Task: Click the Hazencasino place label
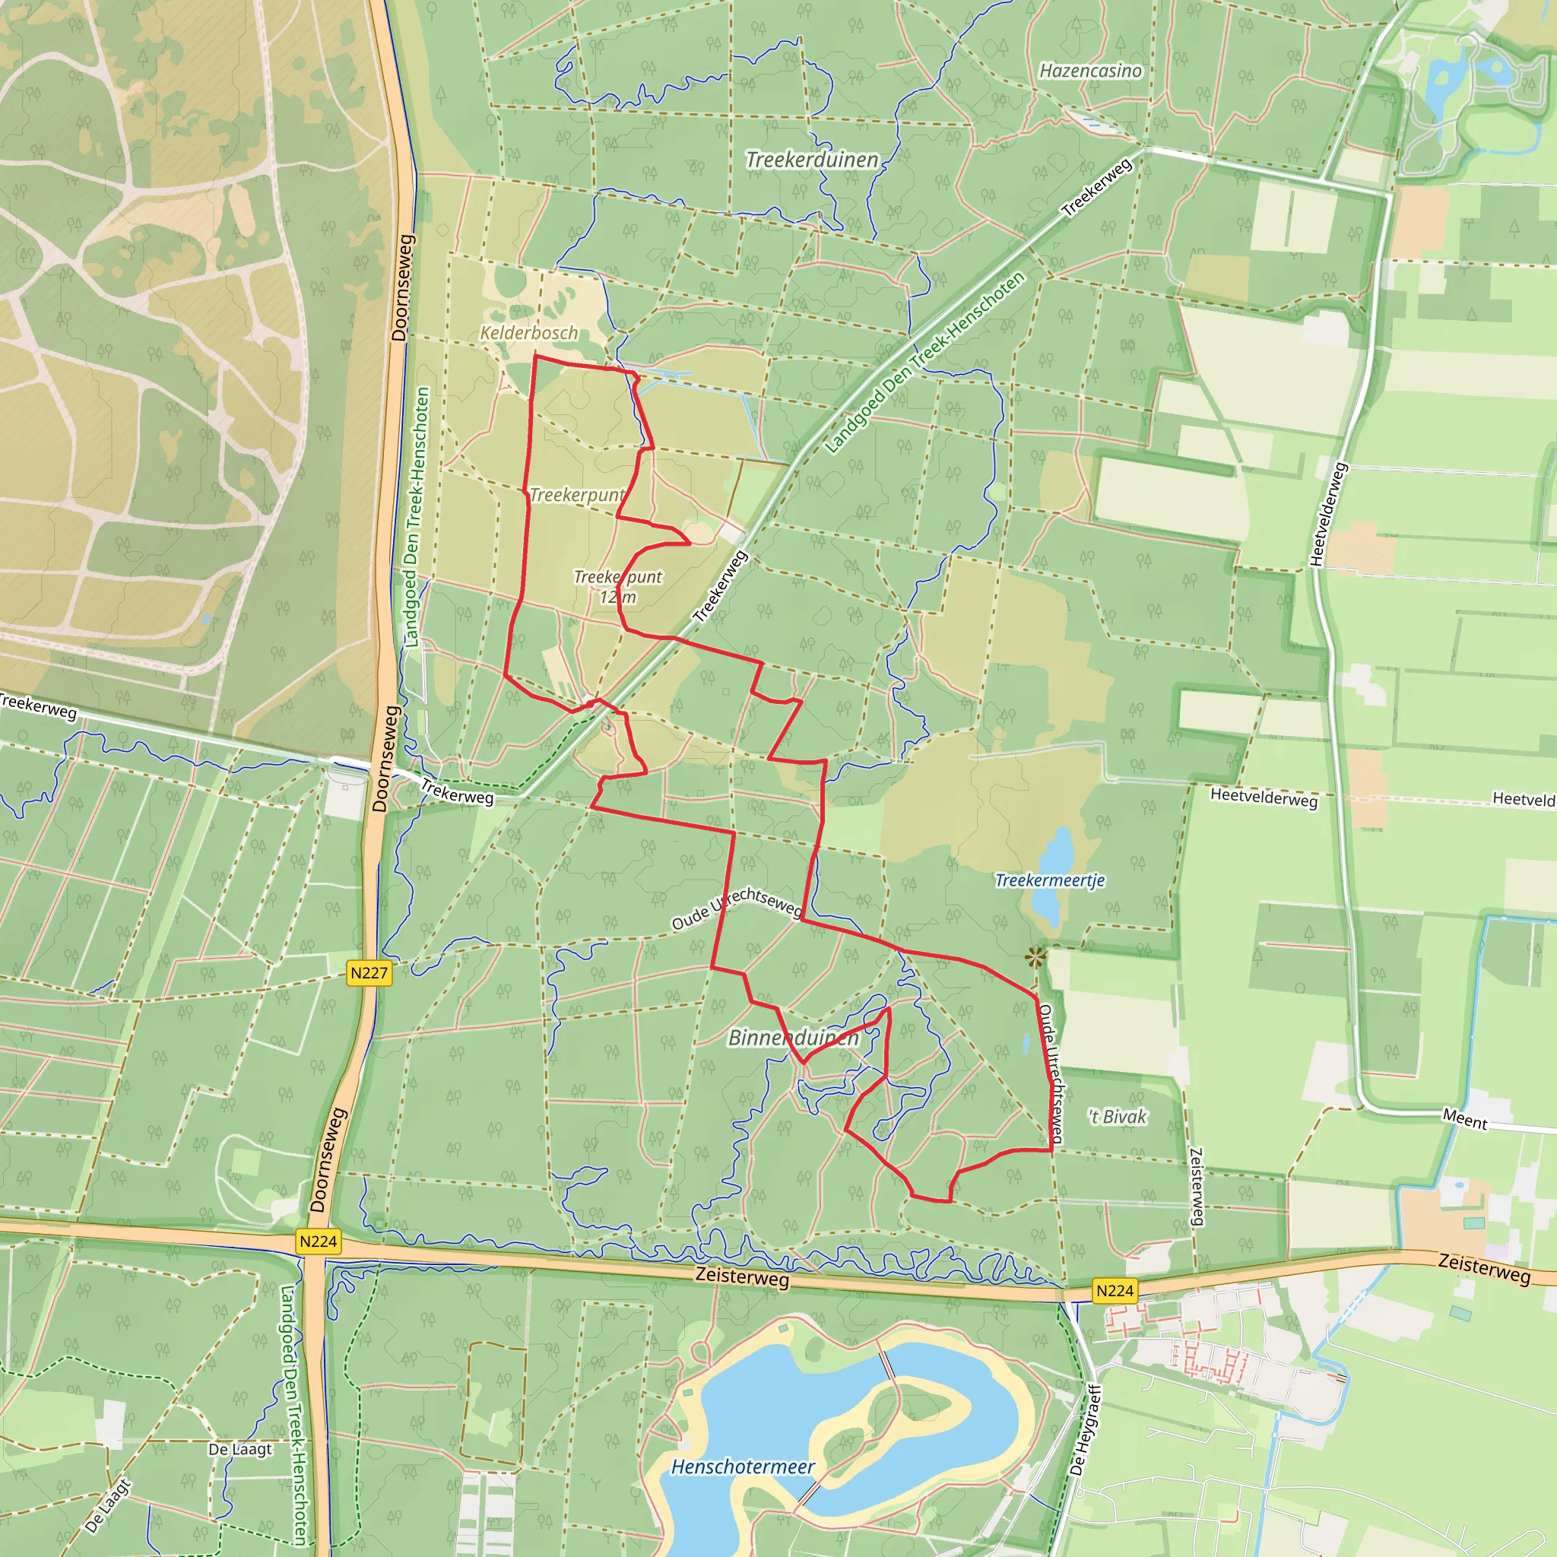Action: [1090, 71]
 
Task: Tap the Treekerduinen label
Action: [811, 160]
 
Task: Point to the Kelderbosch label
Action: [528, 332]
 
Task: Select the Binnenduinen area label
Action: [793, 1038]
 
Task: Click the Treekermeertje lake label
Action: [1049, 880]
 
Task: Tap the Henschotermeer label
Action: [742, 1467]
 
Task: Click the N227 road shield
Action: [369, 972]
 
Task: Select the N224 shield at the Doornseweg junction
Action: [318, 1241]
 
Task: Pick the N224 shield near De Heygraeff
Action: [1115, 1290]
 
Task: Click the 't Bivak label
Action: [1117, 1116]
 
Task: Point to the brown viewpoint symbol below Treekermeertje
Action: [1035, 957]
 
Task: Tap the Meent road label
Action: [1465, 1120]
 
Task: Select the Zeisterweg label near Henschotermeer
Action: [741, 1277]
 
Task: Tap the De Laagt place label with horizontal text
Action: [240, 1449]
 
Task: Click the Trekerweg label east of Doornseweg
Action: [457, 794]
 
